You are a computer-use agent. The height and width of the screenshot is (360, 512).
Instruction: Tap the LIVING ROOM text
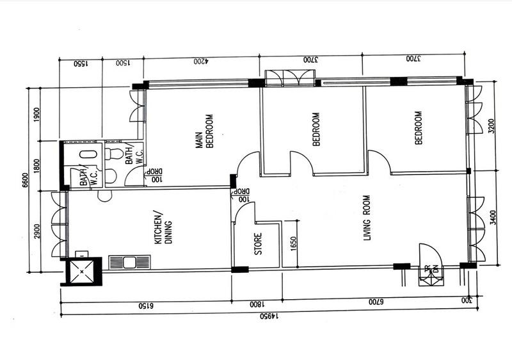point(367,218)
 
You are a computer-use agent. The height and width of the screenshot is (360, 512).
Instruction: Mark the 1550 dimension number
point(79,63)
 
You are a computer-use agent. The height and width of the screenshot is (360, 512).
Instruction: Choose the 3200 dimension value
point(492,126)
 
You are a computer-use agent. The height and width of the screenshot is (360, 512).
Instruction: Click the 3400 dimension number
point(492,218)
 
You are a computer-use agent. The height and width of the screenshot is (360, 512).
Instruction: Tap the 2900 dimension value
point(38,229)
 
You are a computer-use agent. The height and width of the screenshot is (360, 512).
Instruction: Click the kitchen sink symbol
point(129,262)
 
